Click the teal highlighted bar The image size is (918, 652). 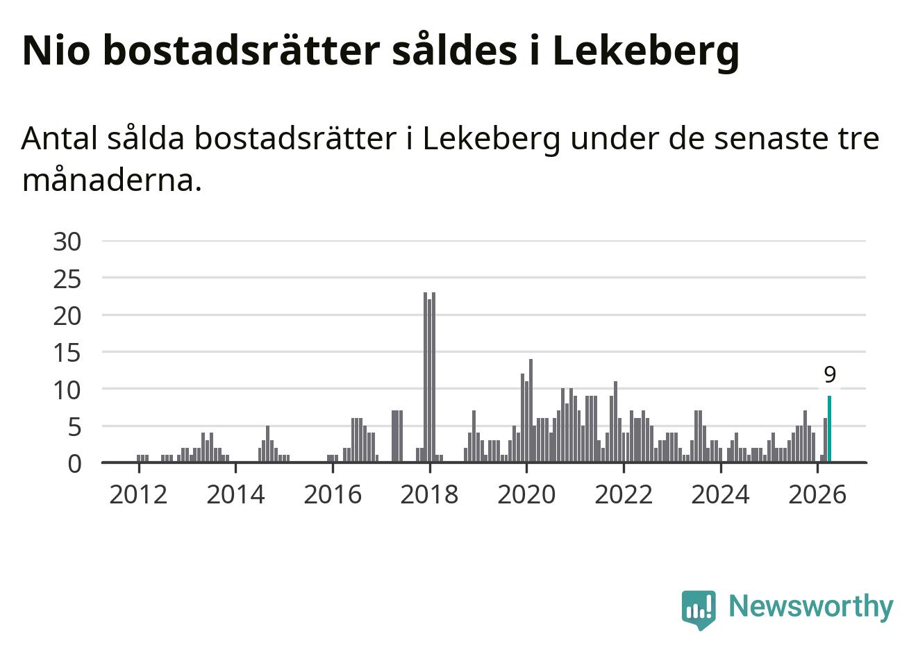(829, 428)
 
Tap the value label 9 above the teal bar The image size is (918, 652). (830, 374)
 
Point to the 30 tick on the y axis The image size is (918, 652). (67, 242)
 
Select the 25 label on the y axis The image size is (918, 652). (67, 281)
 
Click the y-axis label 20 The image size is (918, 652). (67, 317)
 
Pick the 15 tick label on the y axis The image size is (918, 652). (67, 354)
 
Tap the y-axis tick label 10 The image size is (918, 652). (67, 391)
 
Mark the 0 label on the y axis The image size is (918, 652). (74, 465)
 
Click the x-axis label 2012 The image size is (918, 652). (138, 495)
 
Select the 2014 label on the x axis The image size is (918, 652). (235, 495)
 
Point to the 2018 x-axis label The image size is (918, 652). (429, 495)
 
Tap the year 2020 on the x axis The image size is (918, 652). (526, 495)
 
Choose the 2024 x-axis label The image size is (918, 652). (721, 495)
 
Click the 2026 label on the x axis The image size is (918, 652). (817, 495)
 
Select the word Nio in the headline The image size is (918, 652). (56, 51)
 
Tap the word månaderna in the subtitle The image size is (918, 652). (112, 181)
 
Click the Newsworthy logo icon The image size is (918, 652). (699, 610)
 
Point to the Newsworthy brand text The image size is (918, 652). (811, 607)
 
